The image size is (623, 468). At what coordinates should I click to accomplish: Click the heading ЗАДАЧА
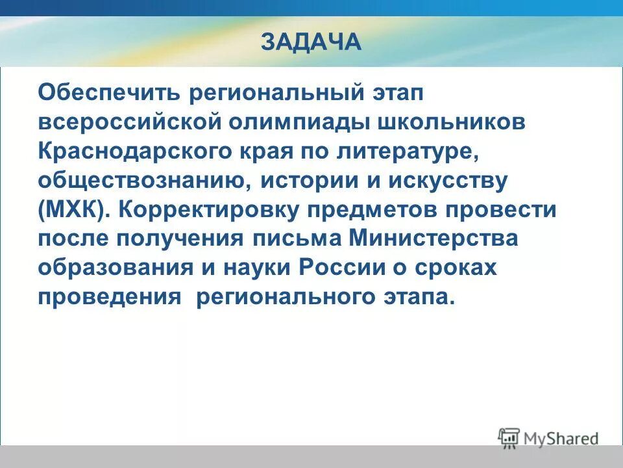(x=311, y=42)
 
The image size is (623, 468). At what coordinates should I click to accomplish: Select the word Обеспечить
(x=108, y=93)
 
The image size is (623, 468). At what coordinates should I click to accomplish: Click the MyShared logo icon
(x=509, y=437)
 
